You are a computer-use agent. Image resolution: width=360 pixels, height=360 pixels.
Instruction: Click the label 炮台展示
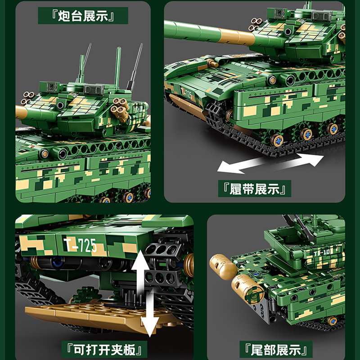pos(83,16)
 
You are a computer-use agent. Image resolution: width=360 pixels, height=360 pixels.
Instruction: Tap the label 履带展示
pos(254,189)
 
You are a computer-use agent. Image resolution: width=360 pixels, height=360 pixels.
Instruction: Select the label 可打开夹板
pos(104,350)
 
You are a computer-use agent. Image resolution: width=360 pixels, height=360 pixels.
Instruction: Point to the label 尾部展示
pos(276,350)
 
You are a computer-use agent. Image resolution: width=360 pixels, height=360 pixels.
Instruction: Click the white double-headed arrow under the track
pos(270,163)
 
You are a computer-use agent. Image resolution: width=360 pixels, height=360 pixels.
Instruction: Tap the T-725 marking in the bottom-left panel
pos(80,245)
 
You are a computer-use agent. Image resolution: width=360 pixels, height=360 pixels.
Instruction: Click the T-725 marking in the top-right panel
pos(186,93)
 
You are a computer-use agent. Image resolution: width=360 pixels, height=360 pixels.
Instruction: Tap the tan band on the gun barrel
pos(237,36)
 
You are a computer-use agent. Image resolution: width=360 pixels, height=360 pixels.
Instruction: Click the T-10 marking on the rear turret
pos(321,253)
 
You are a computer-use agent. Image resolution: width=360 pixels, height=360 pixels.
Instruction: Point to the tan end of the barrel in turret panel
pos(22,112)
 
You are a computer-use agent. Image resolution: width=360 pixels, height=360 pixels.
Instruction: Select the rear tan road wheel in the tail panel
pos(332,320)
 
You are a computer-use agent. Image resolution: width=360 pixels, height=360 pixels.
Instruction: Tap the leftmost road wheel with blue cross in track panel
pos(277,140)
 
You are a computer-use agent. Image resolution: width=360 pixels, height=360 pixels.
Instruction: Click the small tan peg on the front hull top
pos(212,63)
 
